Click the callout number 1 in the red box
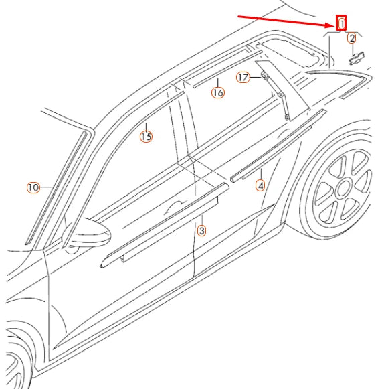[x=342, y=23]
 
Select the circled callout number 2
[x=352, y=39]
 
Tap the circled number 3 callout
[x=201, y=230]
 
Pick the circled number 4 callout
[x=260, y=185]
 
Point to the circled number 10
[x=33, y=187]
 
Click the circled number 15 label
[x=146, y=137]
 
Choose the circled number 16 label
[x=217, y=93]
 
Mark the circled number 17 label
[x=243, y=78]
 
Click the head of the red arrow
[x=332, y=25]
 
